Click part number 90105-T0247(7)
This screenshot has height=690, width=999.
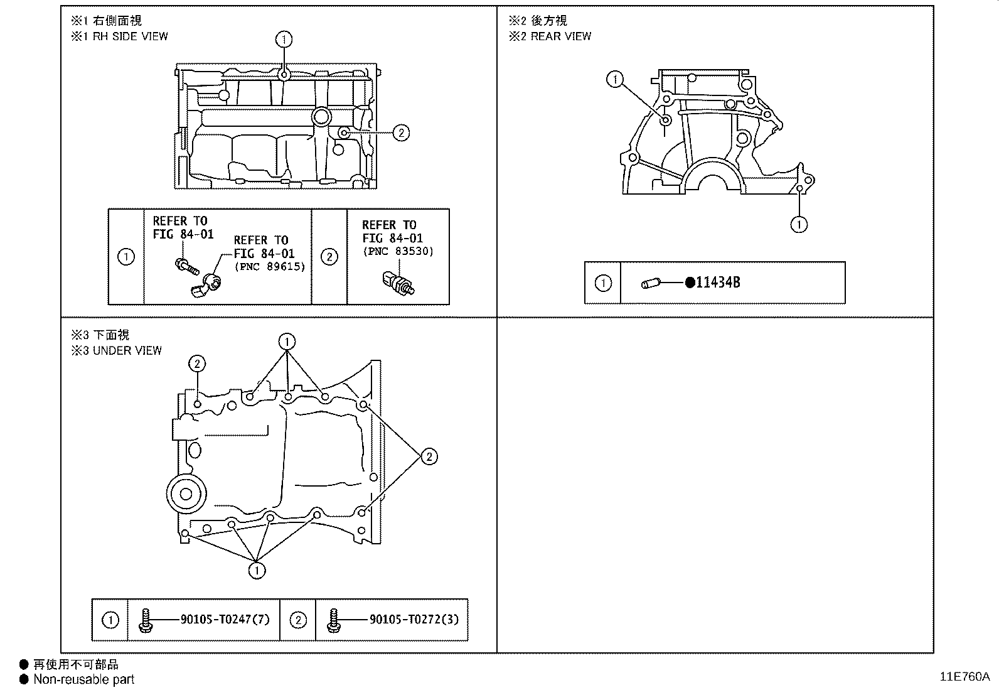point(225,620)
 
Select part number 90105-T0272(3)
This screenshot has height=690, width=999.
point(414,620)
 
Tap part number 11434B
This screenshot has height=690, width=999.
point(718,283)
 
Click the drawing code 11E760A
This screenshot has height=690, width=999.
point(964,677)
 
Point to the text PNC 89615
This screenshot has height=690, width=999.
point(269,266)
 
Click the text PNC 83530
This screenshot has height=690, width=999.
point(398,251)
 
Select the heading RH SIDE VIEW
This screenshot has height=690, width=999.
point(130,36)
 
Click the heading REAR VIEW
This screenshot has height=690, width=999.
point(561,36)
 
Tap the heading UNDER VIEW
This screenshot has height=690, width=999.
point(127,350)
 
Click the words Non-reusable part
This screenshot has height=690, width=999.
point(83,679)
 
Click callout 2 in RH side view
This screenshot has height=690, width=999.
point(401,132)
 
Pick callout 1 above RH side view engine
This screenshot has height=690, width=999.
point(284,40)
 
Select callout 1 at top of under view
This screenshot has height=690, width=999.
point(287,342)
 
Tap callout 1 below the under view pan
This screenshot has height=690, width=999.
point(257,570)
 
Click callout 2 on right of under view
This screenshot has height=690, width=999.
point(429,456)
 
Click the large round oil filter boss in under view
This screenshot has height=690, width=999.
point(186,493)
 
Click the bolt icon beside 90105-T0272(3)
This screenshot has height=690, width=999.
point(333,620)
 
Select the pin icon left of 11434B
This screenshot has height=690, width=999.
point(649,284)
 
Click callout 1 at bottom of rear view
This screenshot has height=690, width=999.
point(799,224)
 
